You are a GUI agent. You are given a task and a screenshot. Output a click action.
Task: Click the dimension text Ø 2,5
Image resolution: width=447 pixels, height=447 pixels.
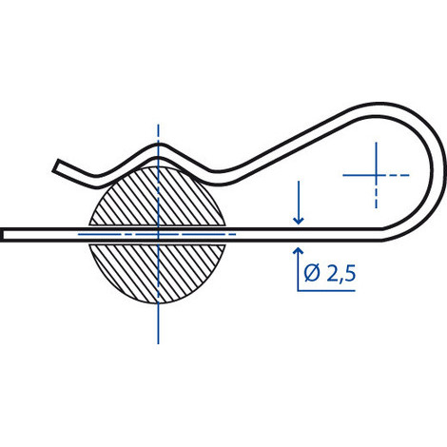pos(330,274)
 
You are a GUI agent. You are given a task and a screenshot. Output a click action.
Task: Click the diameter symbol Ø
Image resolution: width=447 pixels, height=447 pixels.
pos(312,274)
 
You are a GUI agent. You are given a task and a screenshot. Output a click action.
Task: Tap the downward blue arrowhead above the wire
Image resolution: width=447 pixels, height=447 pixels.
pos(299,221)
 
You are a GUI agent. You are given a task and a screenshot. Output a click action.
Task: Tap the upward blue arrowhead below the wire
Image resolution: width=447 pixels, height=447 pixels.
pos(298,251)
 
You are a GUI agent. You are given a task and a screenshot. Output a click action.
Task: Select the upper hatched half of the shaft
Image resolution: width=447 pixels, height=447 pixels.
pos(158,197)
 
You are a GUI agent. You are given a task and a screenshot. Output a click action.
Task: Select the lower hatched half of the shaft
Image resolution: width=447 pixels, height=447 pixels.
pos(158,273)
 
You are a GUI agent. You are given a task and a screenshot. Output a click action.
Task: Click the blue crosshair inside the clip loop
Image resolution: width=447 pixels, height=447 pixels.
pos(376,175)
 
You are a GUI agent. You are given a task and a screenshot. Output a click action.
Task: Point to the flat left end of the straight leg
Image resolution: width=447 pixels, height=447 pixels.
pos(3,235)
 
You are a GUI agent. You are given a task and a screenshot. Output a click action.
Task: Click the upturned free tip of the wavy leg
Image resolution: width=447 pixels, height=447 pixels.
pos(57,165)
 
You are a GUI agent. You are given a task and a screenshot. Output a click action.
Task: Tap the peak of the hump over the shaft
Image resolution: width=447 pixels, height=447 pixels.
pos(159,150)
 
